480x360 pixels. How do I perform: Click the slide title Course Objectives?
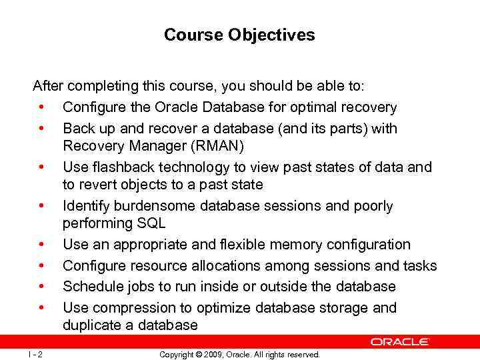point(239,35)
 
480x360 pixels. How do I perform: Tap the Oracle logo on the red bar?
point(400,341)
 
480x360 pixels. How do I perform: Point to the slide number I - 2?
point(35,355)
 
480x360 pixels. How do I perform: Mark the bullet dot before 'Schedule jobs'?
point(41,287)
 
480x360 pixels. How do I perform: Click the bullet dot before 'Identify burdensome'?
point(41,206)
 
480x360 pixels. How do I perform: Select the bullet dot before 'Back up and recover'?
point(41,128)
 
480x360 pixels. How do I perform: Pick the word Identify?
point(85,206)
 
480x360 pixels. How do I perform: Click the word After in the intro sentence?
point(49,87)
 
